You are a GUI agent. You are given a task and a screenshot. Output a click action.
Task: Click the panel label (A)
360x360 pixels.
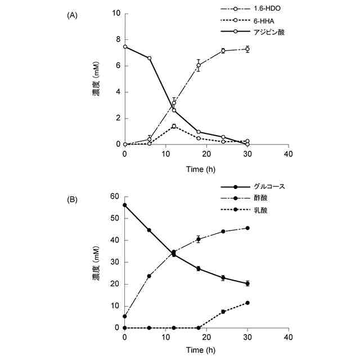(71, 16)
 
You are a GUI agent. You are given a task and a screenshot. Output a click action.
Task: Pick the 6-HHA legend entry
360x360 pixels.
(257, 21)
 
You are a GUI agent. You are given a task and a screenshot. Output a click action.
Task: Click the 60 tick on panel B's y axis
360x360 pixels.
(116, 196)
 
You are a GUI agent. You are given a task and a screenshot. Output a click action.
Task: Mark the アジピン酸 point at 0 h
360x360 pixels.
(125, 47)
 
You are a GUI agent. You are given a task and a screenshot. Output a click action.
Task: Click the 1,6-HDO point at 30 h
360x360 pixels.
(247, 49)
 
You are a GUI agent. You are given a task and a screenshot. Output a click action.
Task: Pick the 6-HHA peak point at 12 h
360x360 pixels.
(174, 126)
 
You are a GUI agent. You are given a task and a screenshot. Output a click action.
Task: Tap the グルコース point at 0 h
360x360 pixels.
(125, 205)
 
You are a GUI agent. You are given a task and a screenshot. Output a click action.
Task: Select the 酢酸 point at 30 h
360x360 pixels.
(247, 228)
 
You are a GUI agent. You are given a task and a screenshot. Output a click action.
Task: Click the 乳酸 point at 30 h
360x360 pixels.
(247, 303)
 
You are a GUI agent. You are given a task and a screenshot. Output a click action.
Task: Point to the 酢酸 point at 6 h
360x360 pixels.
(149, 276)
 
